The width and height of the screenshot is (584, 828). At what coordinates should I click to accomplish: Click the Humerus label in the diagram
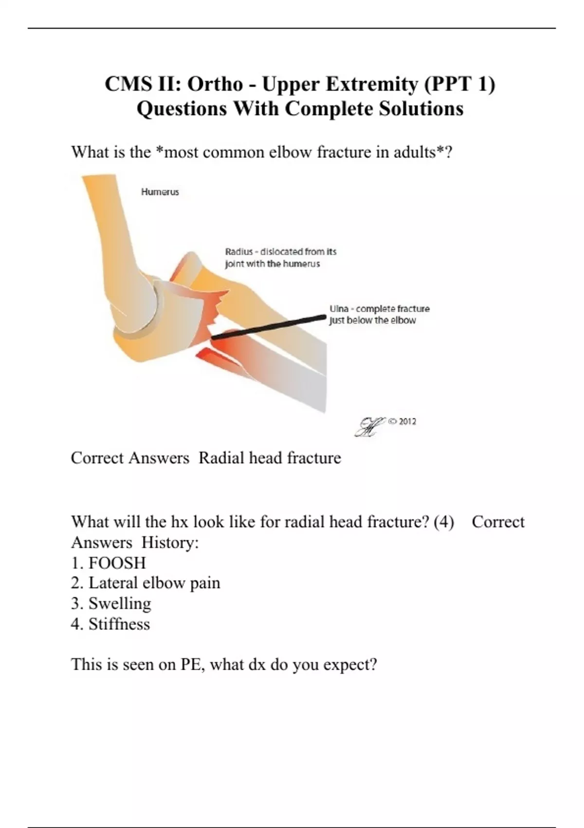tap(160, 192)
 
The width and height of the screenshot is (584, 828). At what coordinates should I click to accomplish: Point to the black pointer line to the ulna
tap(268, 327)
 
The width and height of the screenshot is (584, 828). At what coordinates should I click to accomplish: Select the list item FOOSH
tap(117, 564)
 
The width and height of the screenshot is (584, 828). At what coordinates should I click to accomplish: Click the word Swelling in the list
tap(120, 604)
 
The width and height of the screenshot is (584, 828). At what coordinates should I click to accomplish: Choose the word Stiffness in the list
tap(119, 624)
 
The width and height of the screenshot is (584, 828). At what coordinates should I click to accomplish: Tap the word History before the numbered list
tap(170, 544)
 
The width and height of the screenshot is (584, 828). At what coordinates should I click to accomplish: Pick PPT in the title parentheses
tap(453, 84)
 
